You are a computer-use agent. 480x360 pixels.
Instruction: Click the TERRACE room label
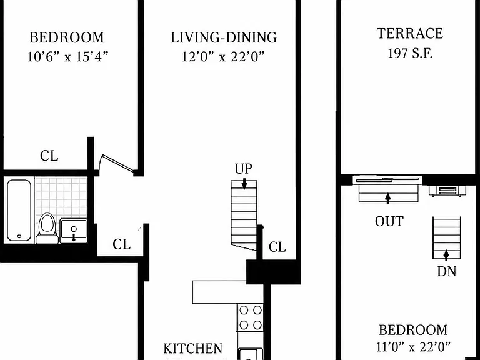409,33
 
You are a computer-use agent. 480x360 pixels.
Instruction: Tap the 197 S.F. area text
410,53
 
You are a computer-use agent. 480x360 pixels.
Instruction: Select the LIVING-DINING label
224,37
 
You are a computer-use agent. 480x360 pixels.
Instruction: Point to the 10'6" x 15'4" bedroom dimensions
68,57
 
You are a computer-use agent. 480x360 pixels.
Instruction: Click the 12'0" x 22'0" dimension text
223,57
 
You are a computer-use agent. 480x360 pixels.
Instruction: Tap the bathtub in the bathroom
19,210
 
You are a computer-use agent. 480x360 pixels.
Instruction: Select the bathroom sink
74,231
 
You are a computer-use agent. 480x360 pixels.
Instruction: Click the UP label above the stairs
244,168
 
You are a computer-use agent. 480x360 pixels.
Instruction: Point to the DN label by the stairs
447,271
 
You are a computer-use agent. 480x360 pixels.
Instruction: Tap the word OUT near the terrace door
389,221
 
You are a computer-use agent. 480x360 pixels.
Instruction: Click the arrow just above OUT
388,198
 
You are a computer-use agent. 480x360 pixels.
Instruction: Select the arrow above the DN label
446,255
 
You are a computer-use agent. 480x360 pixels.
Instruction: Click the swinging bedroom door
117,164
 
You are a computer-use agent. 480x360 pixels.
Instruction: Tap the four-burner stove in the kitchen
250,317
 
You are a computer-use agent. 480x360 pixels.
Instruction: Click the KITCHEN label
193,349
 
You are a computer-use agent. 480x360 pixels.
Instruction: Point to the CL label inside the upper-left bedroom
49,156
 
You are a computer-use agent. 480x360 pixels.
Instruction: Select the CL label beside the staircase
277,247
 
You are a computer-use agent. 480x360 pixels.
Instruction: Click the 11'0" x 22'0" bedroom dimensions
413,347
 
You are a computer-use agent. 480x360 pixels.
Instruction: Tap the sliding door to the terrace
387,180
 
